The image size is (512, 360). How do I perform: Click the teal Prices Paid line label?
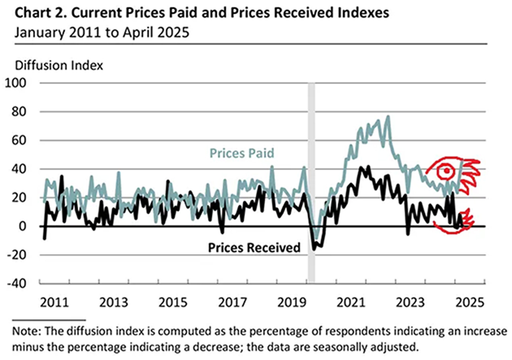(x=242, y=153)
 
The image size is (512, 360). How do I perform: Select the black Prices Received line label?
(x=254, y=247)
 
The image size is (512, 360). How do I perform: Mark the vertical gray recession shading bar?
(x=311, y=184)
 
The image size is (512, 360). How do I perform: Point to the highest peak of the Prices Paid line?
(x=388, y=117)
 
